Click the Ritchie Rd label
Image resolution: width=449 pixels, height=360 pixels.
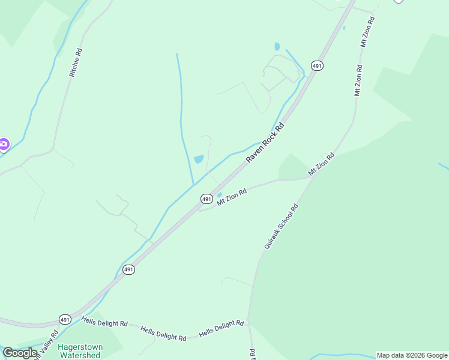click(x=76, y=62)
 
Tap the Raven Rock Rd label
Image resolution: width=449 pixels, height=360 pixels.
click(x=265, y=143)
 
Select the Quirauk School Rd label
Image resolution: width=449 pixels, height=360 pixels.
click(x=281, y=227)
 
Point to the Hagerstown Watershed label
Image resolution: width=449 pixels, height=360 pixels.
click(x=79, y=351)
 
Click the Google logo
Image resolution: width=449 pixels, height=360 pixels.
click(x=20, y=353)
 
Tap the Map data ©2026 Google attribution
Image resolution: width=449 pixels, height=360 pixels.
click(x=412, y=355)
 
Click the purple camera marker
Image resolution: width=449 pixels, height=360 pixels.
click(x=4, y=143)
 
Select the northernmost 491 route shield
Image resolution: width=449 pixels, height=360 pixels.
click(x=317, y=65)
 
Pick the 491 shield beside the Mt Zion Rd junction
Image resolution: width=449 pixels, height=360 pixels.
click(x=206, y=199)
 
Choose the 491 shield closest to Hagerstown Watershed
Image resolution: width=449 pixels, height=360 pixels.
click(x=65, y=319)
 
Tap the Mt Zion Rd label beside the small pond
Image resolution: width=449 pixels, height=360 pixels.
click(x=232, y=197)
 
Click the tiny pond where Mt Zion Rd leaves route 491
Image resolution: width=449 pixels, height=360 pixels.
click(x=219, y=195)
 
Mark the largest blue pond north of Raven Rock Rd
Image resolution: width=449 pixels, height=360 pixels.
click(x=198, y=159)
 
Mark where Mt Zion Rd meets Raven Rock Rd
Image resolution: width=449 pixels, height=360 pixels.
click(x=199, y=209)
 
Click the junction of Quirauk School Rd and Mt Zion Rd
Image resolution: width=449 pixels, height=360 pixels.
click(x=312, y=178)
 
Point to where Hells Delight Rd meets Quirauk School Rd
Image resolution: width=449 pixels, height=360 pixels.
click(x=249, y=328)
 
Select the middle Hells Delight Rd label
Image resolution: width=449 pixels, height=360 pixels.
click(x=163, y=334)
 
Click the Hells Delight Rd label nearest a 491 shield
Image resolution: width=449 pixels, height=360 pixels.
click(x=105, y=323)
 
